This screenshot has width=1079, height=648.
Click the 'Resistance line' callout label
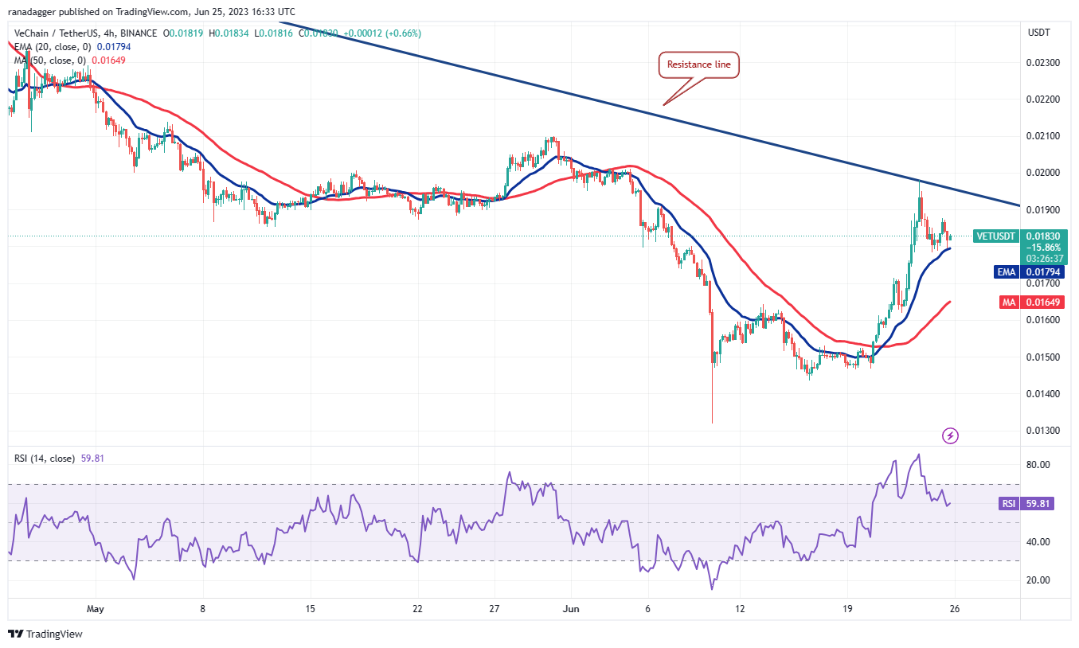pyautogui.click(x=699, y=64)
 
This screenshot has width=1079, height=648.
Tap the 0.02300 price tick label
pyautogui.click(x=1043, y=62)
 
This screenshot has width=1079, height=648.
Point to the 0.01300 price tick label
pyautogui.click(x=1043, y=431)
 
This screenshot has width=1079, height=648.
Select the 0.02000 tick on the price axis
pyautogui.click(x=1043, y=173)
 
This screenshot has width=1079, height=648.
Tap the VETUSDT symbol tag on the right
pyautogui.click(x=995, y=236)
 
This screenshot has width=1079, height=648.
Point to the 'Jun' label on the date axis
pyautogui.click(x=570, y=609)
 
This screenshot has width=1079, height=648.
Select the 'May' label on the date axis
pyautogui.click(x=95, y=609)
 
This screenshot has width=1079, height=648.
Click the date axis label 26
pyautogui.click(x=955, y=609)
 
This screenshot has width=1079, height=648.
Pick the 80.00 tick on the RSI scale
pyautogui.click(x=1038, y=465)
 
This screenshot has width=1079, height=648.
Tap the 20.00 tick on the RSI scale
pyautogui.click(x=1038, y=580)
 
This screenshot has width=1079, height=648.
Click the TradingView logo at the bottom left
pyautogui.click(x=45, y=634)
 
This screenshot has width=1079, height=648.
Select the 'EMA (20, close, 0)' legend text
pyautogui.click(x=49, y=47)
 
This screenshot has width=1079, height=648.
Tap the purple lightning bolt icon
pyautogui.click(x=950, y=435)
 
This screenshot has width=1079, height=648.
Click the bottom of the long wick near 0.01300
pyautogui.click(x=712, y=423)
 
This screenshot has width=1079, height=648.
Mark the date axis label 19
pyautogui.click(x=847, y=609)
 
